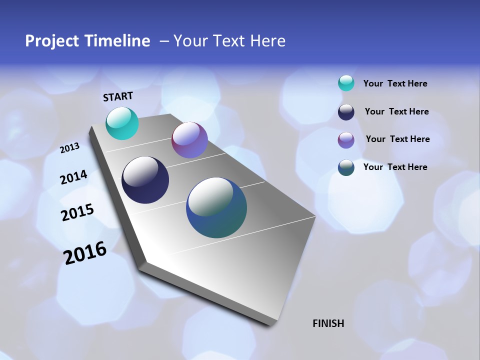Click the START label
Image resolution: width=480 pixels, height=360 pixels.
[x=118, y=96]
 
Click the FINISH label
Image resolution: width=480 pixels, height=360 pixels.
[x=328, y=323]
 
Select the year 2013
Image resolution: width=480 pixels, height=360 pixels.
[x=70, y=148]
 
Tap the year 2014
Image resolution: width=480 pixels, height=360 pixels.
[x=73, y=177]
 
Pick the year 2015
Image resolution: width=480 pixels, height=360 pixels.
[x=77, y=212]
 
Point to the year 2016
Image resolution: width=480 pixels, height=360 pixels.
[x=85, y=253]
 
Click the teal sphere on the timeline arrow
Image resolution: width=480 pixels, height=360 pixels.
[x=122, y=123]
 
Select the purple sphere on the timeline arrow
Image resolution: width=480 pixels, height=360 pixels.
[x=189, y=140]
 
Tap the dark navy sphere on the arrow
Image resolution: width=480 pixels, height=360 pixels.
[x=145, y=180]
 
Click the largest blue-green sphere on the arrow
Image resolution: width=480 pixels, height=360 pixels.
[x=216, y=207]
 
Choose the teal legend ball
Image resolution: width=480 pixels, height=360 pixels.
[x=346, y=83]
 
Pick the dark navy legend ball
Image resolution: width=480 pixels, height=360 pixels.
[x=346, y=112]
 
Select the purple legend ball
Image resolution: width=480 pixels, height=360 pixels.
[x=346, y=140]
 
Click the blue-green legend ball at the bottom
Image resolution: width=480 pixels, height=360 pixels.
[x=346, y=167]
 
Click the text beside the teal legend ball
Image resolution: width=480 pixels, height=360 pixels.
[x=395, y=83]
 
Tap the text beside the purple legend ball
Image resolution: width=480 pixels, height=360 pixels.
[x=397, y=139]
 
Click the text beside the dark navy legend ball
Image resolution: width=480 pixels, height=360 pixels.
[x=396, y=111]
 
